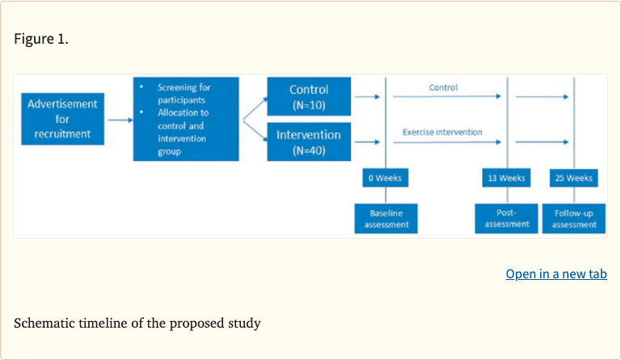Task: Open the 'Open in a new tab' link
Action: (x=556, y=274)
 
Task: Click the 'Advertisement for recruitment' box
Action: (x=62, y=119)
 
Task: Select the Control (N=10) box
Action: (x=309, y=96)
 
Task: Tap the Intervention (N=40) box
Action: (x=309, y=142)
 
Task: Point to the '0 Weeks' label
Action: (x=386, y=178)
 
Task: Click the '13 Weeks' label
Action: (x=507, y=178)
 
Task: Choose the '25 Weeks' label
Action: (x=574, y=178)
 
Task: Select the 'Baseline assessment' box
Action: (x=386, y=218)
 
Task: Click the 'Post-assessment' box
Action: (x=507, y=218)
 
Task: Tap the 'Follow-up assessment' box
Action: (x=574, y=218)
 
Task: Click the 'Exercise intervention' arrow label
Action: (x=442, y=132)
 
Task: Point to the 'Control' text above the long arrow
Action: (x=443, y=87)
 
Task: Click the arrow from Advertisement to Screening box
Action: (x=119, y=120)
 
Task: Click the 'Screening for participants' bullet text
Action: (x=185, y=92)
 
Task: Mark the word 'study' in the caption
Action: (x=243, y=324)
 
